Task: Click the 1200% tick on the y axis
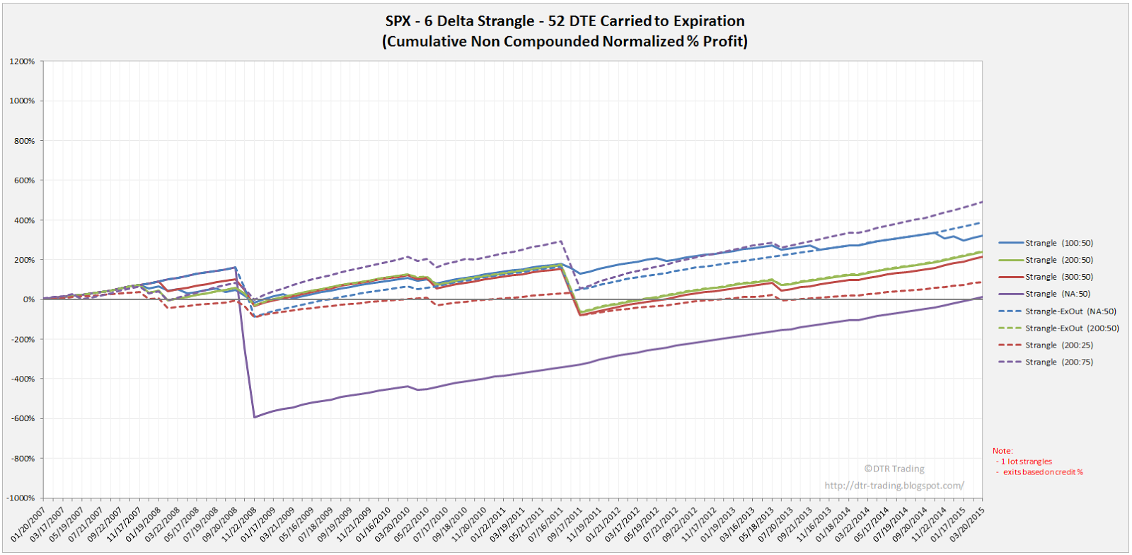(x=22, y=62)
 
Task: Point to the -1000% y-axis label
(x=21, y=498)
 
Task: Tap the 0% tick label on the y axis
(x=28, y=299)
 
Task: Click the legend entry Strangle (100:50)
(x=1058, y=243)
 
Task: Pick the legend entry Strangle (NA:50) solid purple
(x=1057, y=294)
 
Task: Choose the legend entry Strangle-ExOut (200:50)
(x=1072, y=328)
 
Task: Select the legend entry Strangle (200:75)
(x=1058, y=362)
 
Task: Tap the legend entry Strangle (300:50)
(x=1058, y=277)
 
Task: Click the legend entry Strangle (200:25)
(x=1058, y=345)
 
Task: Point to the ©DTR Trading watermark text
(x=894, y=469)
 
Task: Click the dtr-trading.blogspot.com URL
(x=894, y=486)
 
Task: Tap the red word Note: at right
(x=1003, y=451)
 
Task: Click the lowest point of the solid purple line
(x=255, y=417)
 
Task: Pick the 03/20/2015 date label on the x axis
(x=967, y=525)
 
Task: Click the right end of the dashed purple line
(x=982, y=202)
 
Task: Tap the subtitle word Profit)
(x=724, y=41)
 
